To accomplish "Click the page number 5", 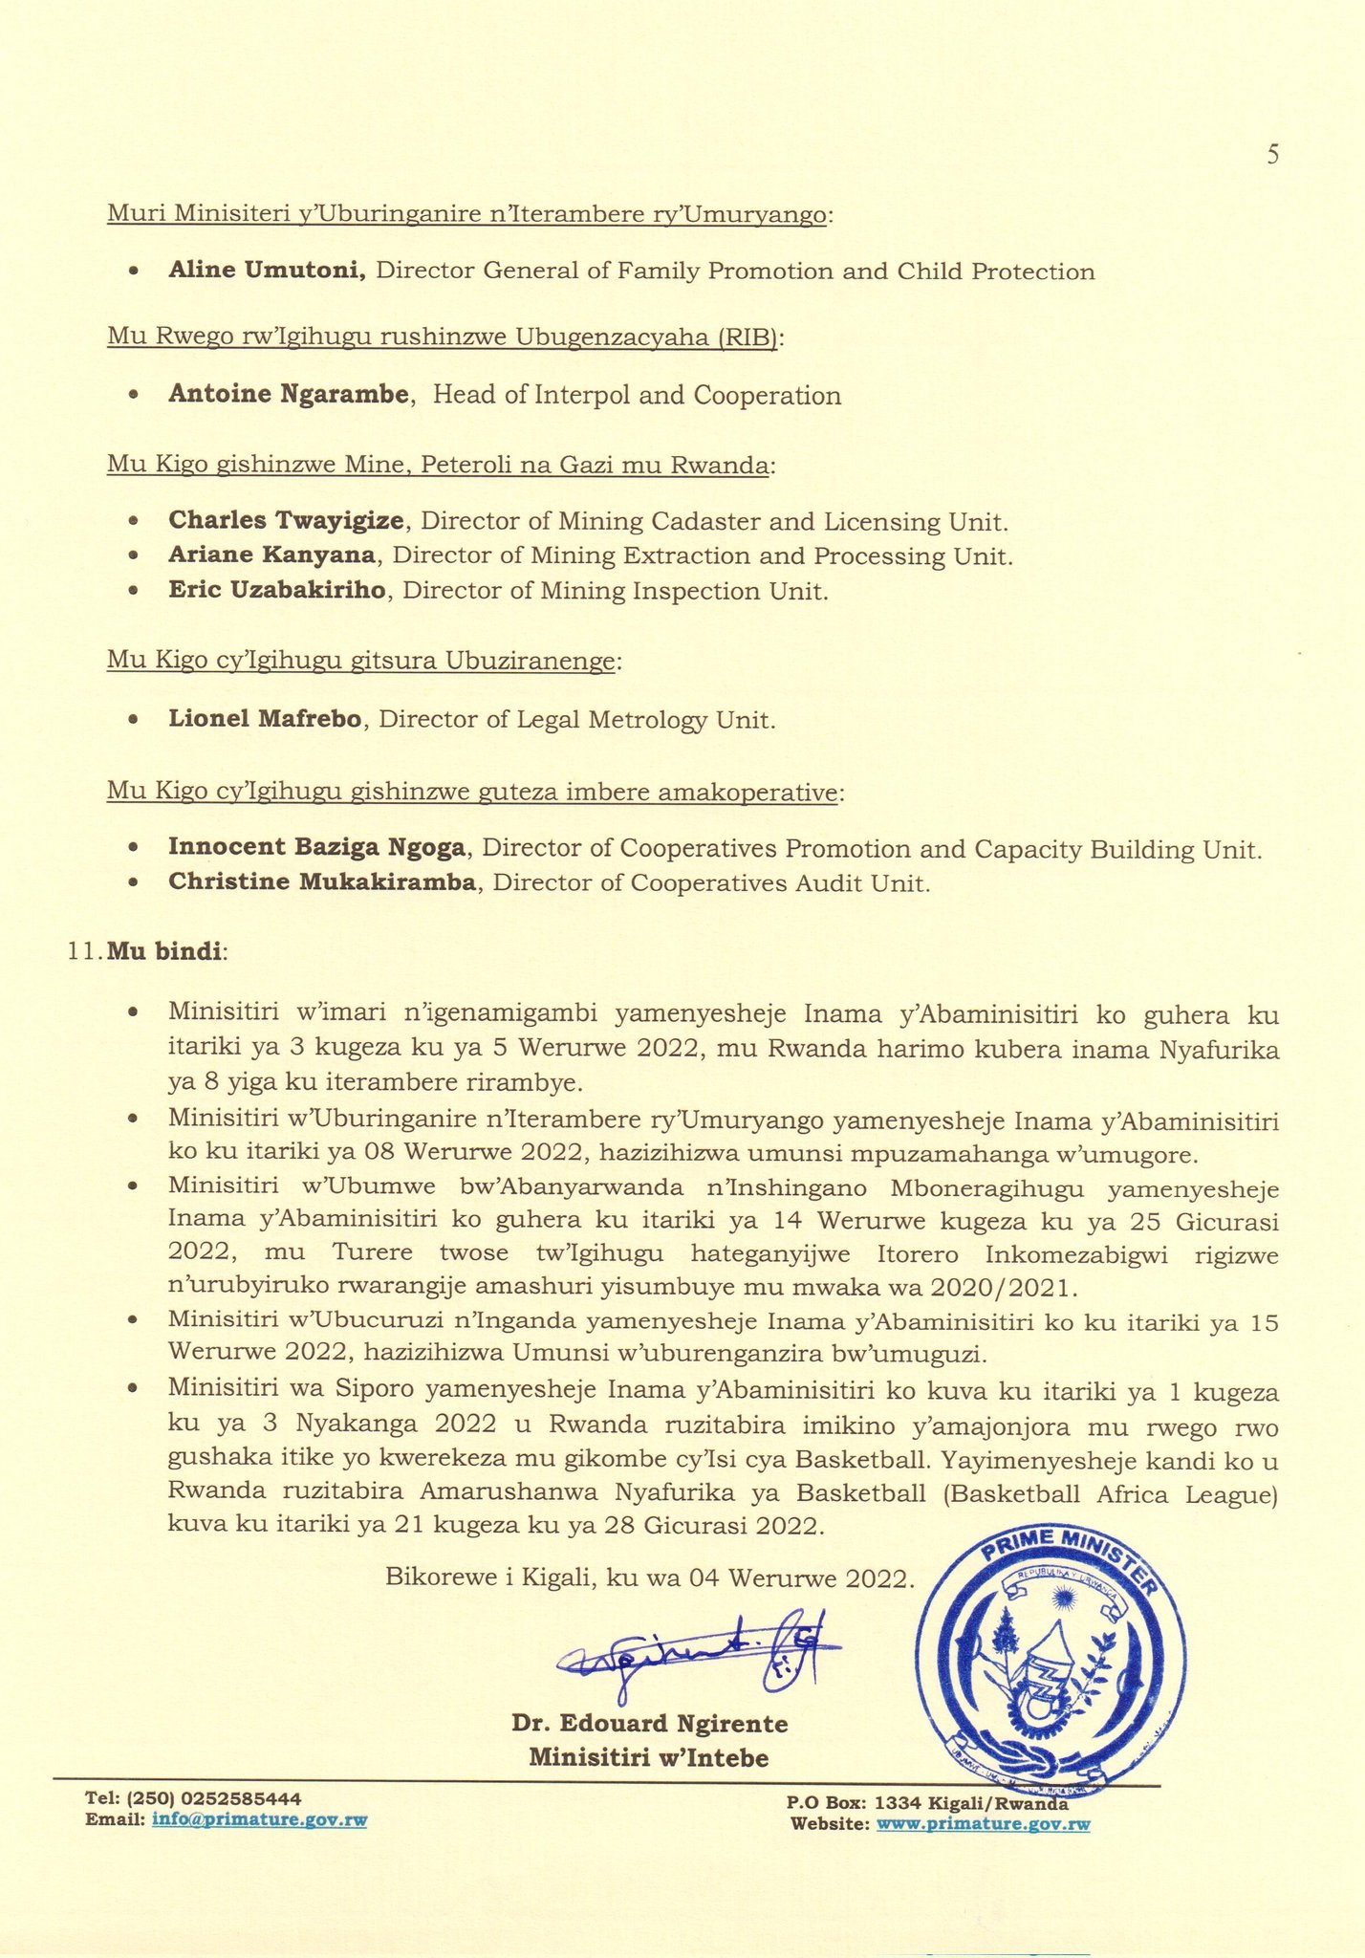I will click(1272, 156).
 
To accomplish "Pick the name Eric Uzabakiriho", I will click(277, 591).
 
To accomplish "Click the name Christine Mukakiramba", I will click(321, 882).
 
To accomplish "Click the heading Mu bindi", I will click(164, 952).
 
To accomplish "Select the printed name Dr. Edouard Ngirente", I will click(650, 1724).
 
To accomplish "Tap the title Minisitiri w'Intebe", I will click(649, 1758).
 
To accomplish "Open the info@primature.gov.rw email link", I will click(259, 1821).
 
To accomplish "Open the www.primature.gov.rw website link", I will click(984, 1825).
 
